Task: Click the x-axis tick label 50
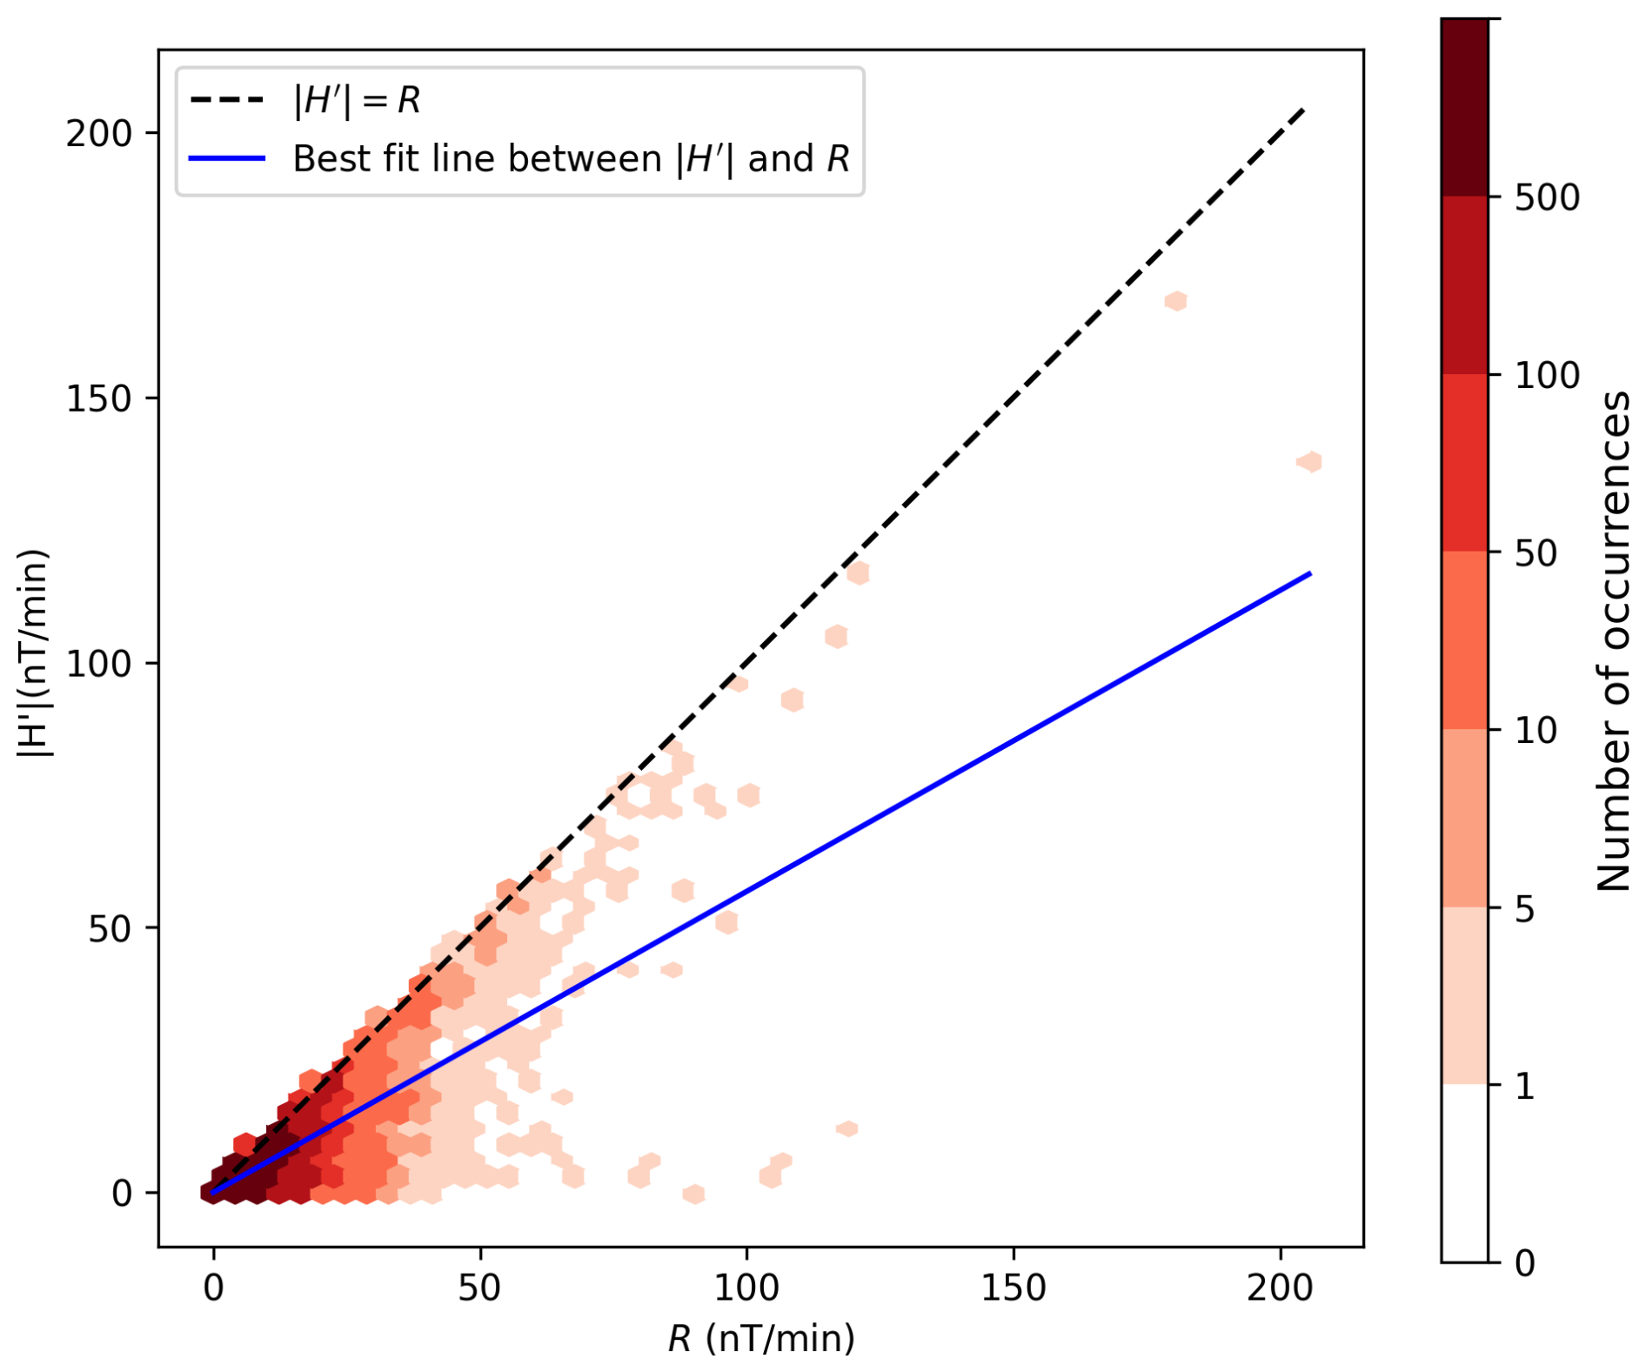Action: click(x=479, y=1288)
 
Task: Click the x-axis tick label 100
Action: click(x=746, y=1288)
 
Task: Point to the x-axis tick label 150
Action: click(x=1014, y=1288)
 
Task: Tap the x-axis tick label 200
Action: click(x=1280, y=1288)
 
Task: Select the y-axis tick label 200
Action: click(x=98, y=134)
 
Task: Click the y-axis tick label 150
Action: click(x=98, y=398)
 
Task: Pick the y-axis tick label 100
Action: click(x=98, y=663)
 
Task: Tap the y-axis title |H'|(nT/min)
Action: click(x=35, y=653)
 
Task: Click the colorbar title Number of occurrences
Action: click(x=1614, y=641)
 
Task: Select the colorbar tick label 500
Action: click(x=1547, y=198)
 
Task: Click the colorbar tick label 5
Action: click(x=1524, y=910)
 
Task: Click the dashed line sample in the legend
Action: click(x=227, y=100)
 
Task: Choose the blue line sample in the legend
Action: click(x=227, y=158)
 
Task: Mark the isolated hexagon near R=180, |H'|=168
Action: click(x=1175, y=301)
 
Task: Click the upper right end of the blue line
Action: click(x=1309, y=573)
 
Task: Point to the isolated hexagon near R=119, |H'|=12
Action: click(x=846, y=1128)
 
